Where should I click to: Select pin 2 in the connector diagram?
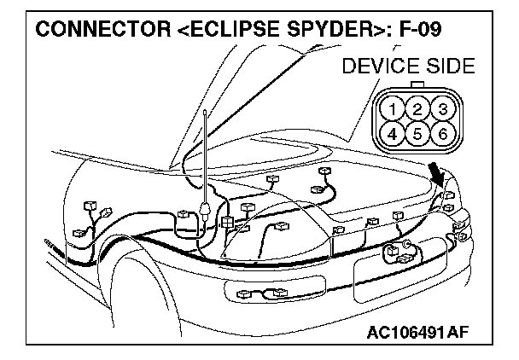pos(417,108)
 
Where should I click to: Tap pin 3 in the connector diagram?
pos(440,108)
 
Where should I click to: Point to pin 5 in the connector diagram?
pos(417,132)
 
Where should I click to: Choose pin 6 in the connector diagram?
pos(440,132)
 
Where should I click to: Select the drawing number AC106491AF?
pos(429,330)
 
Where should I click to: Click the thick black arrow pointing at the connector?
pos(439,175)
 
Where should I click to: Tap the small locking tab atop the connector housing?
pos(417,85)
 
